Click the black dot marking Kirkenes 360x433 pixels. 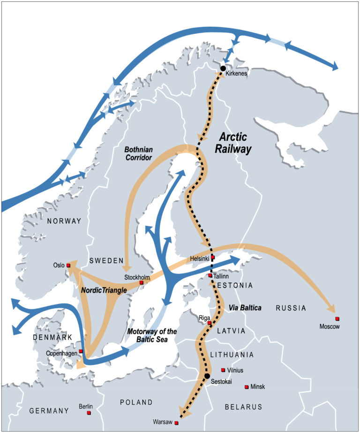(223, 68)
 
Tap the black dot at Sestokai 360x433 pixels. (207, 376)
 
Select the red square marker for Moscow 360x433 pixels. (337, 319)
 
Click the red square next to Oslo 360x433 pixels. (68, 266)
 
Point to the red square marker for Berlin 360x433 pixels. (89, 412)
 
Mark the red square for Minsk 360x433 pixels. (246, 387)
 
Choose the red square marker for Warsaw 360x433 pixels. (176, 423)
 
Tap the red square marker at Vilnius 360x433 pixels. (223, 370)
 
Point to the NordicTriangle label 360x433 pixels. (104, 291)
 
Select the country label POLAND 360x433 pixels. (136, 402)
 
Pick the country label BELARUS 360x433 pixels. (244, 407)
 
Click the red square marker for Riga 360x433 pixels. (209, 323)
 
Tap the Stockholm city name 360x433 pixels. (136, 276)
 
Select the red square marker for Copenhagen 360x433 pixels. (81, 351)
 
